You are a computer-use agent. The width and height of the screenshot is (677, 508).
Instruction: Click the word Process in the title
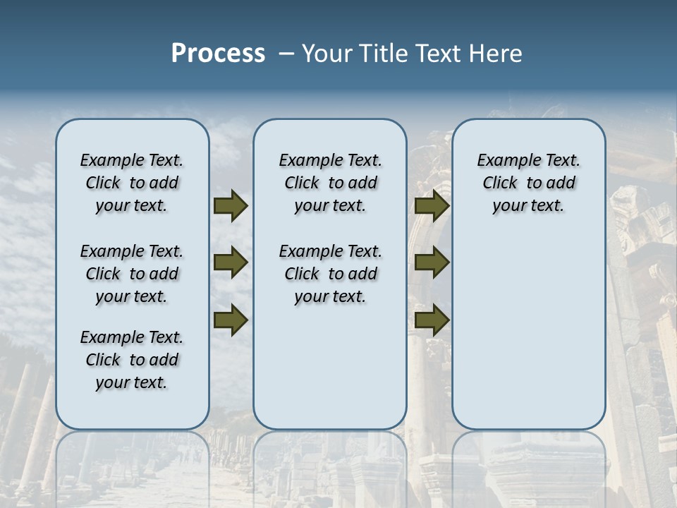pos(218,54)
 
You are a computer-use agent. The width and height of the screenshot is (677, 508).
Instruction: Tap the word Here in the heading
pos(494,54)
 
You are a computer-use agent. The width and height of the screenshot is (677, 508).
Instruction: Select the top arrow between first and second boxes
pos(231,206)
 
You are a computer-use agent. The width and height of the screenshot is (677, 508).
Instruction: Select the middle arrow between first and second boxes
pos(231,262)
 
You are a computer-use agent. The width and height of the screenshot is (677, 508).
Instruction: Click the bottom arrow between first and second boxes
pos(231,320)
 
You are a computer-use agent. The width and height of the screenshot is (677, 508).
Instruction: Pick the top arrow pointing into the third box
pos(432,206)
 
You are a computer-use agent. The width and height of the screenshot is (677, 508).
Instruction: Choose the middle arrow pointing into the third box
pos(432,262)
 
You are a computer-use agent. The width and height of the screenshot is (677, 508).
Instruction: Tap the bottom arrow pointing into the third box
pos(432,320)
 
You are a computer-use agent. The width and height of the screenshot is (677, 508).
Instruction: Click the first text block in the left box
pos(132,183)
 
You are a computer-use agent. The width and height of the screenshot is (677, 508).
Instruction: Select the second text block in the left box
pos(132,274)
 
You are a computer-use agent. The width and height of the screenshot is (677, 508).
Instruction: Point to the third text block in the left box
pos(132,360)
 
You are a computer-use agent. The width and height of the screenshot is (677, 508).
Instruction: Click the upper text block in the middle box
pos(330,183)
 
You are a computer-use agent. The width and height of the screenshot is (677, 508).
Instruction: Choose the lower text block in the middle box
pos(330,274)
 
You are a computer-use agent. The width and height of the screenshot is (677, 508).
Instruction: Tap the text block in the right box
pos(528,183)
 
